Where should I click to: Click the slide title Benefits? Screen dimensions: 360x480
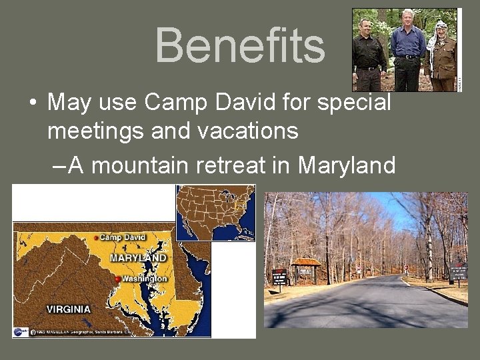pos(240,45)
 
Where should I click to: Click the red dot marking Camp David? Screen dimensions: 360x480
pos(96,237)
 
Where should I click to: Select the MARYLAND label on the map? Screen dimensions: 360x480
pos(138,257)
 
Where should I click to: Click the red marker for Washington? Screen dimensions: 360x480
pos(118,279)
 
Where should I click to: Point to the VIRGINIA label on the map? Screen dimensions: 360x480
pos(68,309)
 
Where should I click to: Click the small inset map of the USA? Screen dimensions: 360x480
pos(215,212)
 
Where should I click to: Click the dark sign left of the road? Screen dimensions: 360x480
pos(279,276)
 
